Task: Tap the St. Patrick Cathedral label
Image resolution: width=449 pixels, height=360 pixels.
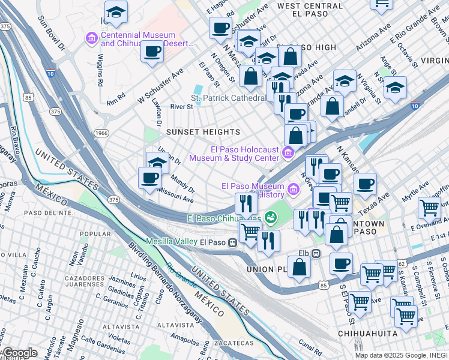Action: click(x=228, y=98)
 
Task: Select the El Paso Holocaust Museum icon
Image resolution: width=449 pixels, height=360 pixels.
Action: click(x=288, y=154)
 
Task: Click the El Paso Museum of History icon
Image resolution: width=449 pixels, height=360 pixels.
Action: click(x=294, y=190)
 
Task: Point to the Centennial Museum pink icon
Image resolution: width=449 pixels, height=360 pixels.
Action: click(x=92, y=40)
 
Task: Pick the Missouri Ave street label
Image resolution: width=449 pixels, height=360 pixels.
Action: click(x=175, y=194)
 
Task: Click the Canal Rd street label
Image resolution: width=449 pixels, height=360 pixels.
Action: click(x=310, y=347)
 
